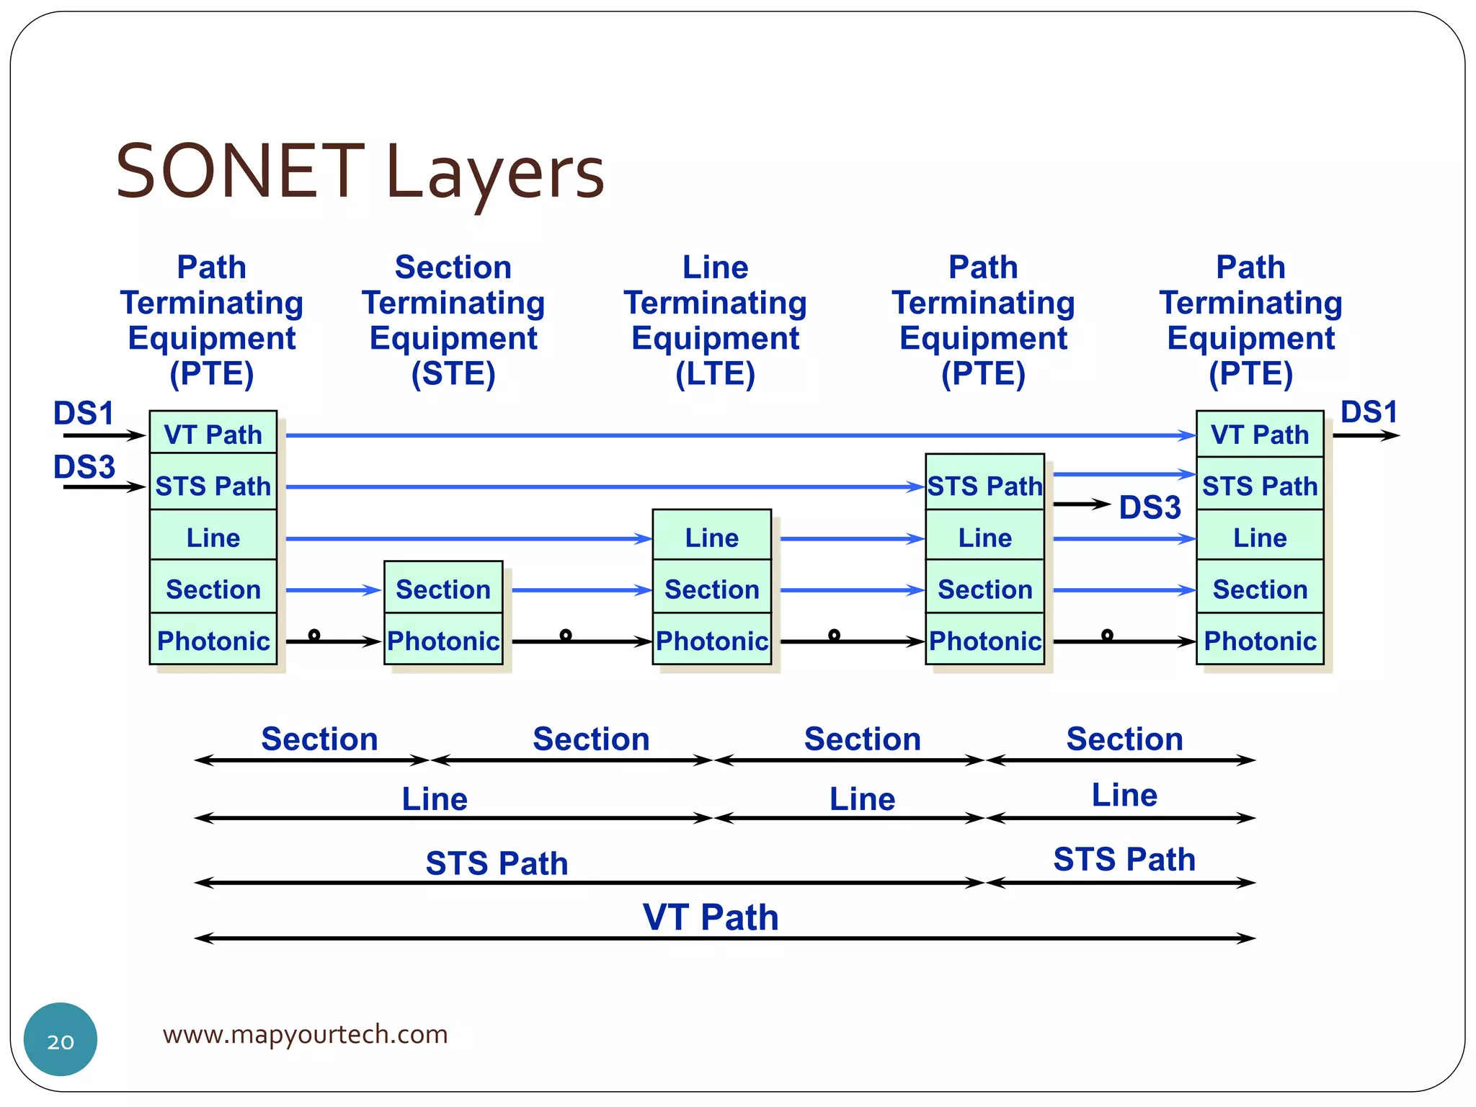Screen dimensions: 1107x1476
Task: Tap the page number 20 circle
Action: (x=61, y=1039)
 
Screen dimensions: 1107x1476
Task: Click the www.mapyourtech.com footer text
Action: (x=305, y=1034)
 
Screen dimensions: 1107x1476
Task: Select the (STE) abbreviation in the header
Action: (x=453, y=374)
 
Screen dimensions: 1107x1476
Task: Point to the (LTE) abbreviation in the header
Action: (x=715, y=374)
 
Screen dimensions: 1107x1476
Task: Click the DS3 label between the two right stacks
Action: (x=1150, y=507)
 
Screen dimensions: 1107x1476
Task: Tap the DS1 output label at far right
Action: (x=1368, y=412)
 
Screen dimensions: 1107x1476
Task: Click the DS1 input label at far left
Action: (x=84, y=413)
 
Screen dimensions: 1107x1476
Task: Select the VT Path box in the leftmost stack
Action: (x=213, y=434)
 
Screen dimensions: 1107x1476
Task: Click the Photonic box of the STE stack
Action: (x=443, y=640)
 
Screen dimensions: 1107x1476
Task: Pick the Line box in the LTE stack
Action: (x=711, y=537)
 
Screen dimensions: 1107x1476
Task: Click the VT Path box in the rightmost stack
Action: (x=1259, y=434)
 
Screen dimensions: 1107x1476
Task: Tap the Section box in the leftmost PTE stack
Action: (x=213, y=589)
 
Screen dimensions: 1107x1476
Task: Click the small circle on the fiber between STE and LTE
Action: (x=566, y=634)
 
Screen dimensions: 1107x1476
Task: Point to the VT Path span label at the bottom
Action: (x=710, y=917)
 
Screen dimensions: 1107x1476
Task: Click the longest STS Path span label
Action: (x=497, y=863)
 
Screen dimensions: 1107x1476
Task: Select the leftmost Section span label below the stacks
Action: (x=319, y=739)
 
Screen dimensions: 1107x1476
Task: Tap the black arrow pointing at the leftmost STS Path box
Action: (x=104, y=487)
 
